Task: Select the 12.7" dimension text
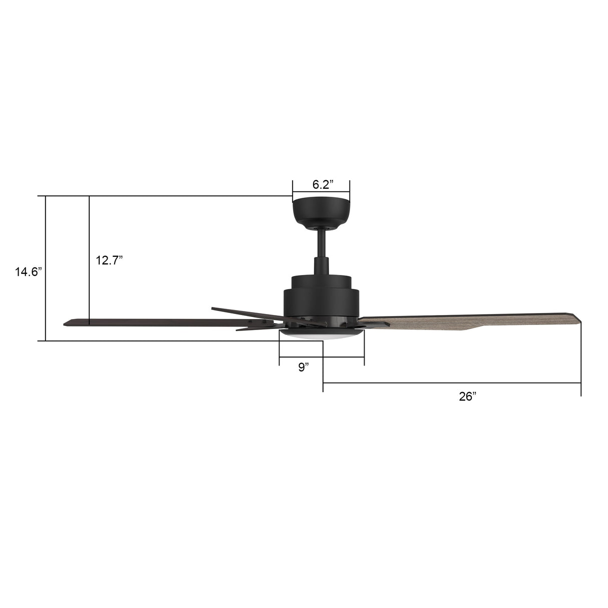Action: pyautogui.click(x=109, y=260)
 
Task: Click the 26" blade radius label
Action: pyautogui.click(x=467, y=397)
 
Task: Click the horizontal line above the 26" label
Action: pyautogui.click(x=451, y=383)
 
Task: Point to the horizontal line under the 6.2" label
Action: pyautogui.click(x=321, y=191)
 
